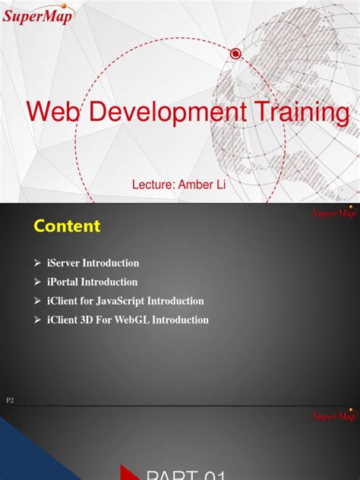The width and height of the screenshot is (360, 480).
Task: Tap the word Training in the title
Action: point(303,113)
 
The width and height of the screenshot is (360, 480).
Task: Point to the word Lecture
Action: point(154,184)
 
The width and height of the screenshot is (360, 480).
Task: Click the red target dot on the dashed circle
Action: point(235,53)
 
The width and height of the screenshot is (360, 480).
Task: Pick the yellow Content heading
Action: point(67,226)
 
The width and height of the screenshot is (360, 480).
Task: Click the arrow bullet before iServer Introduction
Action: point(37,263)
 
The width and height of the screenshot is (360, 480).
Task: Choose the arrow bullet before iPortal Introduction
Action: point(37,282)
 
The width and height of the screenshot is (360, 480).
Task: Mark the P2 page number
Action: point(11,399)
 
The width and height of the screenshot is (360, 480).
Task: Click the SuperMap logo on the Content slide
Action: point(335,213)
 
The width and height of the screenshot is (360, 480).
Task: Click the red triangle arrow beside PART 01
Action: point(127,472)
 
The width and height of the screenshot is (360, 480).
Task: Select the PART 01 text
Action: point(186,474)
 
